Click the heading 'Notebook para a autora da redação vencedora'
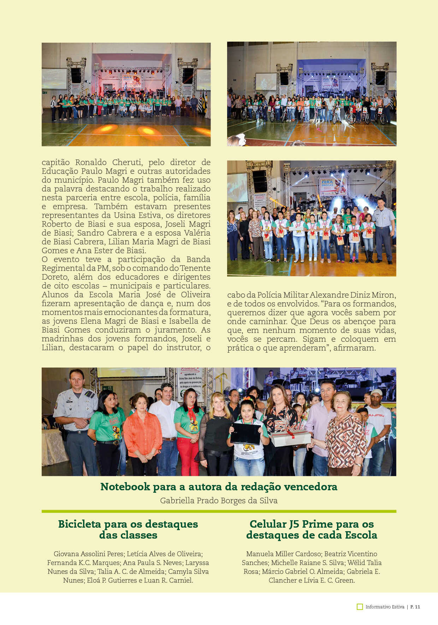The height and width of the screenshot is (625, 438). (x=219, y=487)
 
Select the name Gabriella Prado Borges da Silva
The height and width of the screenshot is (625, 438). (x=219, y=500)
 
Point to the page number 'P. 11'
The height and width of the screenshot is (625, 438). (x=415, y=607)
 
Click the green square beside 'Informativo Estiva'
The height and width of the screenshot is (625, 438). (x=360, y=607)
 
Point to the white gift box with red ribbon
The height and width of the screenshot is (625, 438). (x=290, y=437)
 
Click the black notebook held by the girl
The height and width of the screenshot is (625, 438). (x=245, y=433)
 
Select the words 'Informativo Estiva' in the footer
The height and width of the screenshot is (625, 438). (x=385, y=607)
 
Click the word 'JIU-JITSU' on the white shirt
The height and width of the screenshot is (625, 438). (x=377, y=415)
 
